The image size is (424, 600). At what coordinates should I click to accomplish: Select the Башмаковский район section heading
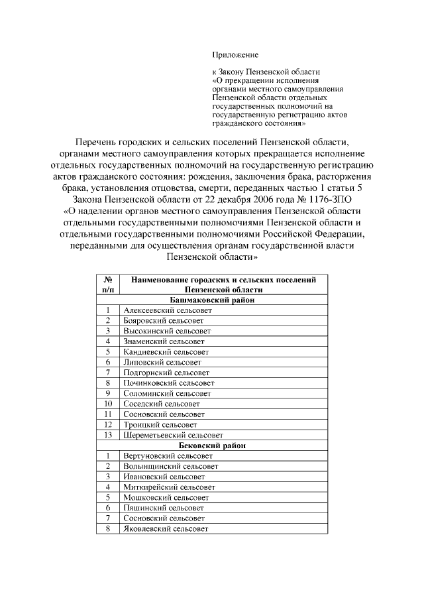pyautogui.click(x=217, y=300)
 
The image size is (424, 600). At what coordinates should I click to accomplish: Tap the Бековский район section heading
pyautogui.click(x=217, y=446)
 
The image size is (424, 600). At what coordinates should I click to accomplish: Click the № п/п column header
pyautogui.click(x=107, y=284)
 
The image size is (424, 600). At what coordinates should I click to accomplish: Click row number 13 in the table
pyautogui.click(x=107, y=435)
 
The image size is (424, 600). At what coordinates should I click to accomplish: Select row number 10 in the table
pyautogui.click(x=107, y=404)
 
